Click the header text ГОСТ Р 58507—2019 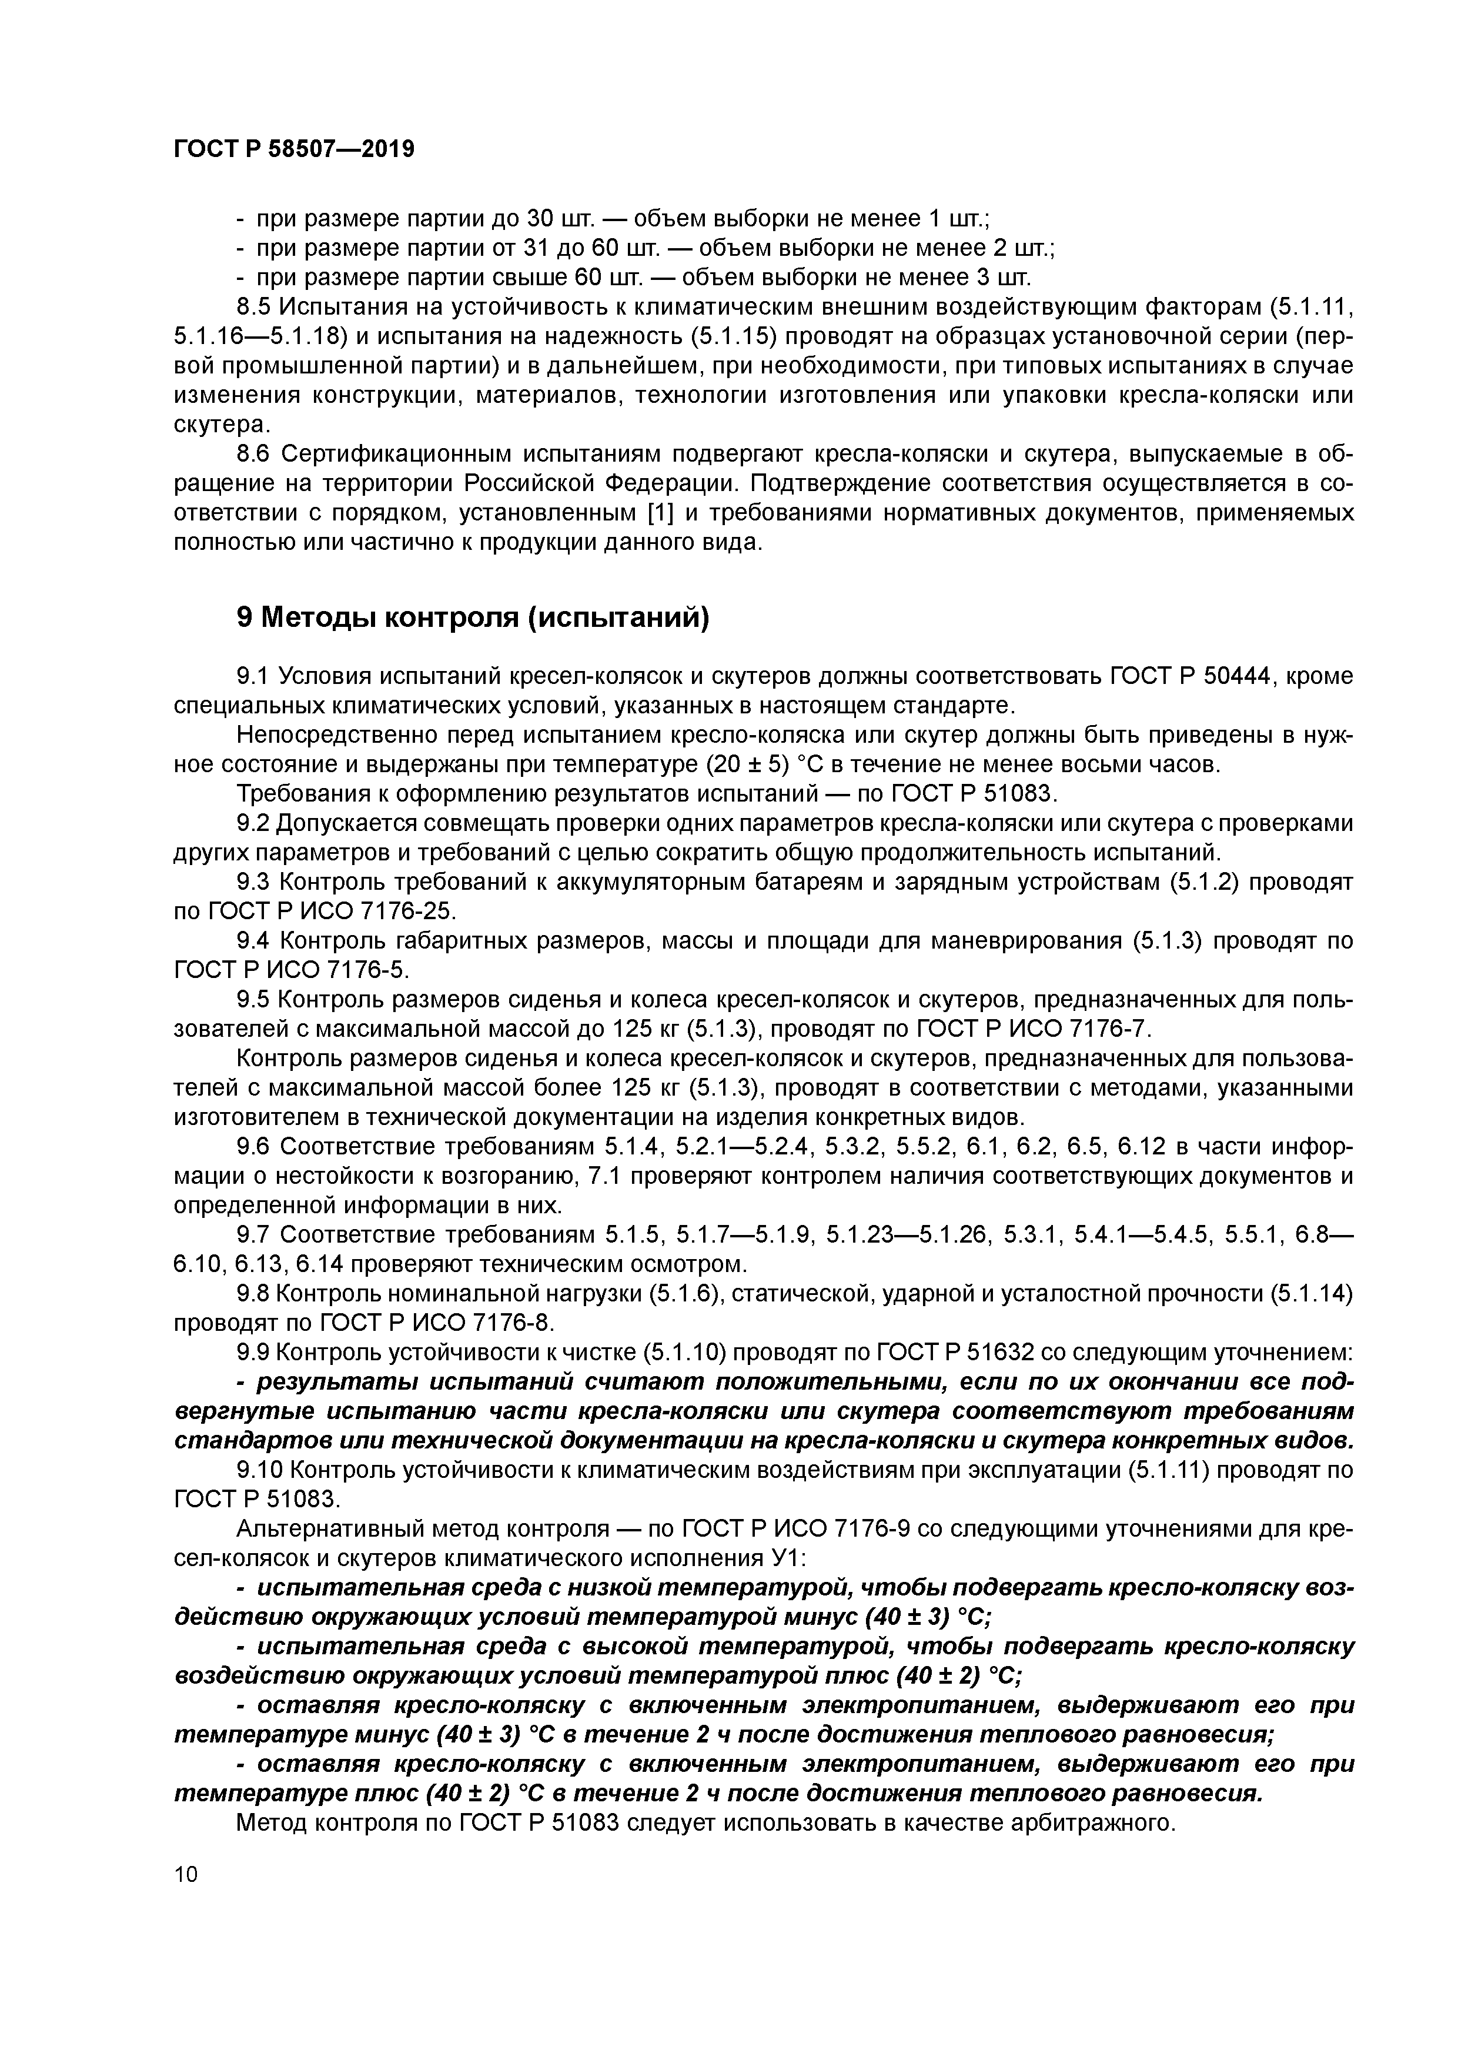[x=294, y=149]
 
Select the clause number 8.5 [x=254, y=308]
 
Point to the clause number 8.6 [x=254, y=455]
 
